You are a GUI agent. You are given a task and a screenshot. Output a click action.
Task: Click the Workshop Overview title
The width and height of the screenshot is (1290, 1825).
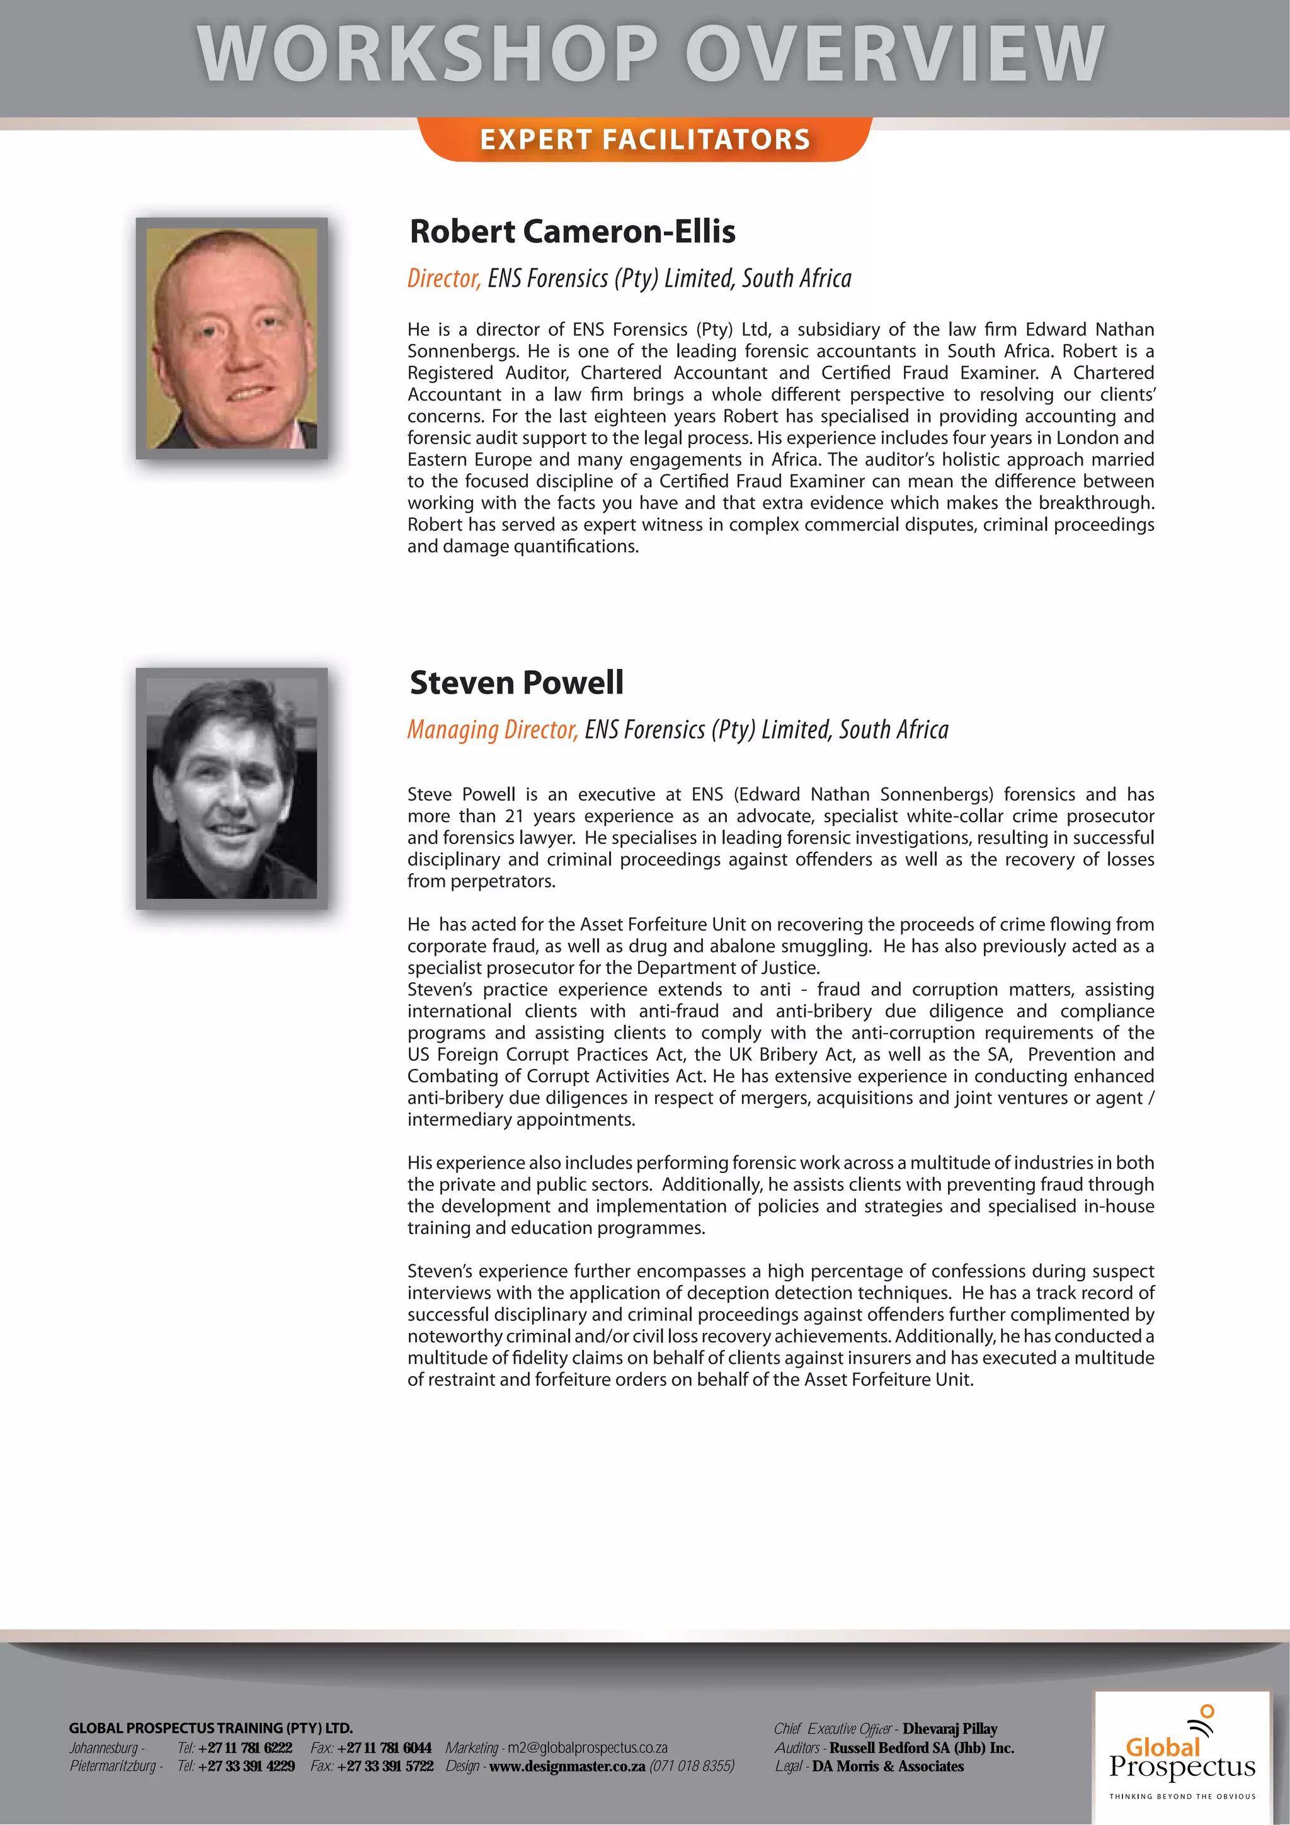(650, 54)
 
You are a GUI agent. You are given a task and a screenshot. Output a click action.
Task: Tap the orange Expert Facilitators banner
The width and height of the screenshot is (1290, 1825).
(644, 140)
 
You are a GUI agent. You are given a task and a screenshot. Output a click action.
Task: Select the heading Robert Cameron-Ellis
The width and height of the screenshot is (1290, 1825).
(573, 231)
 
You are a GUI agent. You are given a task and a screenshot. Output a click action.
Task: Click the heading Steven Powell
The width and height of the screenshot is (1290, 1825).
(517, 683)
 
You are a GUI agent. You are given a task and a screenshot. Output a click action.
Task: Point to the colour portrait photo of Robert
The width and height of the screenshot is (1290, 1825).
(231, 339)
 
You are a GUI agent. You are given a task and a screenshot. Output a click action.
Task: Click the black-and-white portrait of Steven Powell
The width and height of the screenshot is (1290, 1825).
(231, 789)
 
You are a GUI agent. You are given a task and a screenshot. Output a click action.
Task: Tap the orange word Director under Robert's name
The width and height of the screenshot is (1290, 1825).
(443, 278)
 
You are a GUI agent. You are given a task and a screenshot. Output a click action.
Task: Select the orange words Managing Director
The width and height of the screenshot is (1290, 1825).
(492, 729)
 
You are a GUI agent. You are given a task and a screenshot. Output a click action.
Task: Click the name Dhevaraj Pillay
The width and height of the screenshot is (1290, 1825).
(949, 1729)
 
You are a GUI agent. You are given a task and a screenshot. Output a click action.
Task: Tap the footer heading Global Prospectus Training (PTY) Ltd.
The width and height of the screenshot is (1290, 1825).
(210, 1728)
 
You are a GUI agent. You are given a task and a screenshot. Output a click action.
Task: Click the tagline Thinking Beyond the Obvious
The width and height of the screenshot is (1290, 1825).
(1182, 1797)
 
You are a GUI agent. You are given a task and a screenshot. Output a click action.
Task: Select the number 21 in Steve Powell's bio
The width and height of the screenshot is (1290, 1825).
(514, 816)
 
